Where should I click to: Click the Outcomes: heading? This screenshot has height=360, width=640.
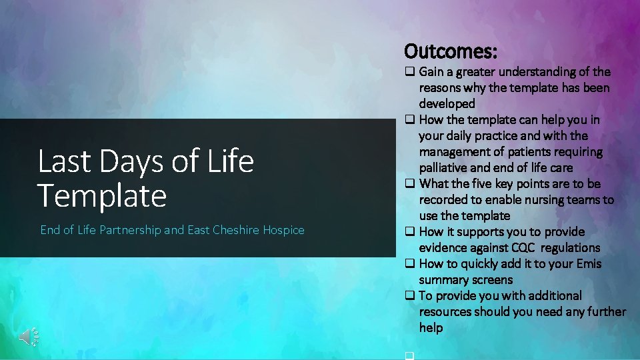[x=451, y=51]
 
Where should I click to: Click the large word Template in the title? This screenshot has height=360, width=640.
[x=101, y=195]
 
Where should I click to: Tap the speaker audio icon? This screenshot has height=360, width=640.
[x=29, y=337]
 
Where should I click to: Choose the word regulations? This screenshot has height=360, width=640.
[x=570, y=248]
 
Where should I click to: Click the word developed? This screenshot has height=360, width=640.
[x=447, y=104]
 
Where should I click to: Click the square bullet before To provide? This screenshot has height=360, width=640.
[x=409, y=296]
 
